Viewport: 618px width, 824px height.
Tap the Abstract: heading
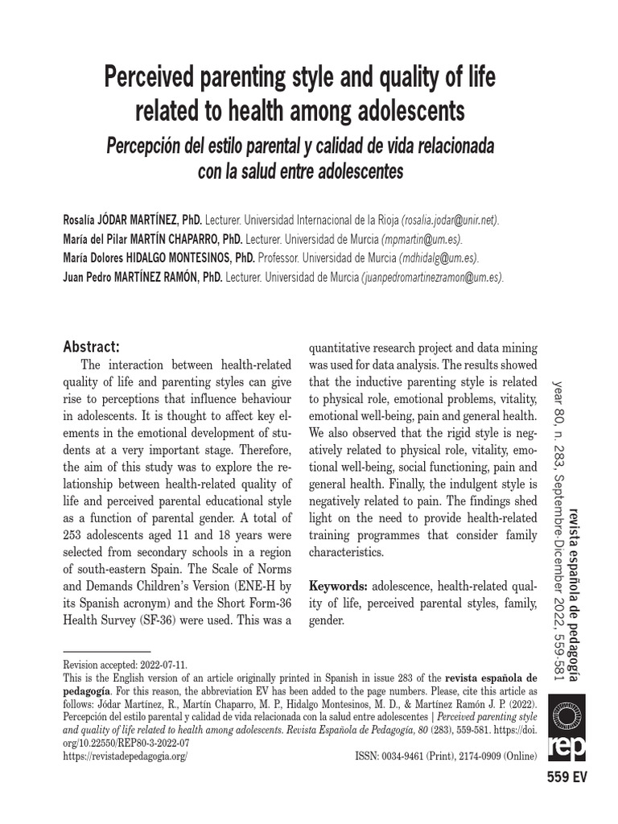pyautogui.click(x=91, y=347)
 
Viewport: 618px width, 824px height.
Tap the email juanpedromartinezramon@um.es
pyautogui.click(x=433, y=278)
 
